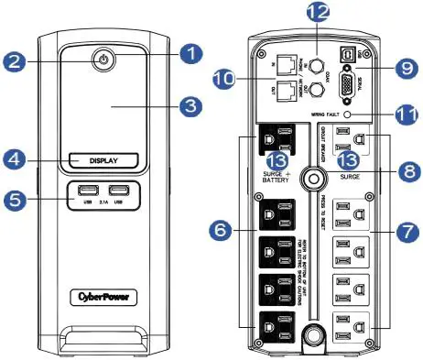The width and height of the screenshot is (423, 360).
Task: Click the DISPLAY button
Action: coord(105,160)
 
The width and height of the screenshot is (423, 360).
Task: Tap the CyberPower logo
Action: coord(105,296)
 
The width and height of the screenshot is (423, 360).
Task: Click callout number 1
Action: coord(190,53)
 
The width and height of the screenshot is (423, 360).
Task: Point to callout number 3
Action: coord(190,106)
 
